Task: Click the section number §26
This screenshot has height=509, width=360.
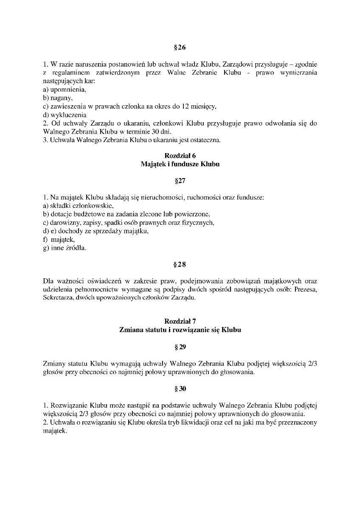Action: pos(180,48)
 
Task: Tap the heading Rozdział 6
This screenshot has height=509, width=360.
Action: pos(180,156)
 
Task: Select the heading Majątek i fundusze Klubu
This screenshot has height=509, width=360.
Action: pos(180,164)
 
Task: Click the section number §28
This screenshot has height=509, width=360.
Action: pos(180,264)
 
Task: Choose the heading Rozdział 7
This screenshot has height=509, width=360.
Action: pos(180,321)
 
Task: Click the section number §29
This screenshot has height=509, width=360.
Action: pos(180,347)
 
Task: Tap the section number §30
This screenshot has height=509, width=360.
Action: pos(180,388)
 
